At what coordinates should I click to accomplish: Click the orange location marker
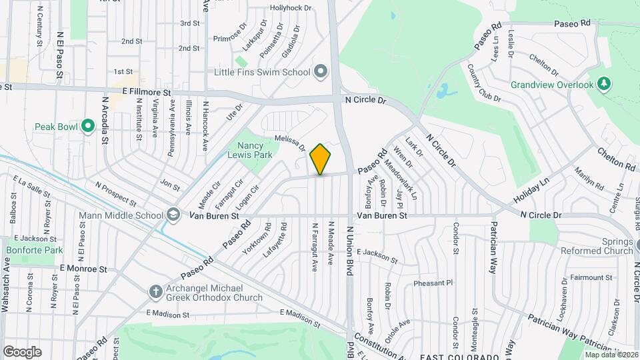[320, 159]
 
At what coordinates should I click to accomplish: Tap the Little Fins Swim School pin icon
[321, 71]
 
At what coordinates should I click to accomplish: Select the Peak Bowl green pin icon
[87, 126]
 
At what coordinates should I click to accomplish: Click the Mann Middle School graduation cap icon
[173, 215]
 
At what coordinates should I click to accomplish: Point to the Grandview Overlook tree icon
[603, 84]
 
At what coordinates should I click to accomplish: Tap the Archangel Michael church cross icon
[155, 291]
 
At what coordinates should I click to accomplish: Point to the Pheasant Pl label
[433, 283]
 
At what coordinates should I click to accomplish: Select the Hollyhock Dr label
[291, 8]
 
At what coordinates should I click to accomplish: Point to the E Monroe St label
[83, 269]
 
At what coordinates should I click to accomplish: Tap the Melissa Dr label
[289, 143]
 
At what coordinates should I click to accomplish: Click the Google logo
[22, 352]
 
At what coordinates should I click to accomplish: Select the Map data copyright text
[611, 354]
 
